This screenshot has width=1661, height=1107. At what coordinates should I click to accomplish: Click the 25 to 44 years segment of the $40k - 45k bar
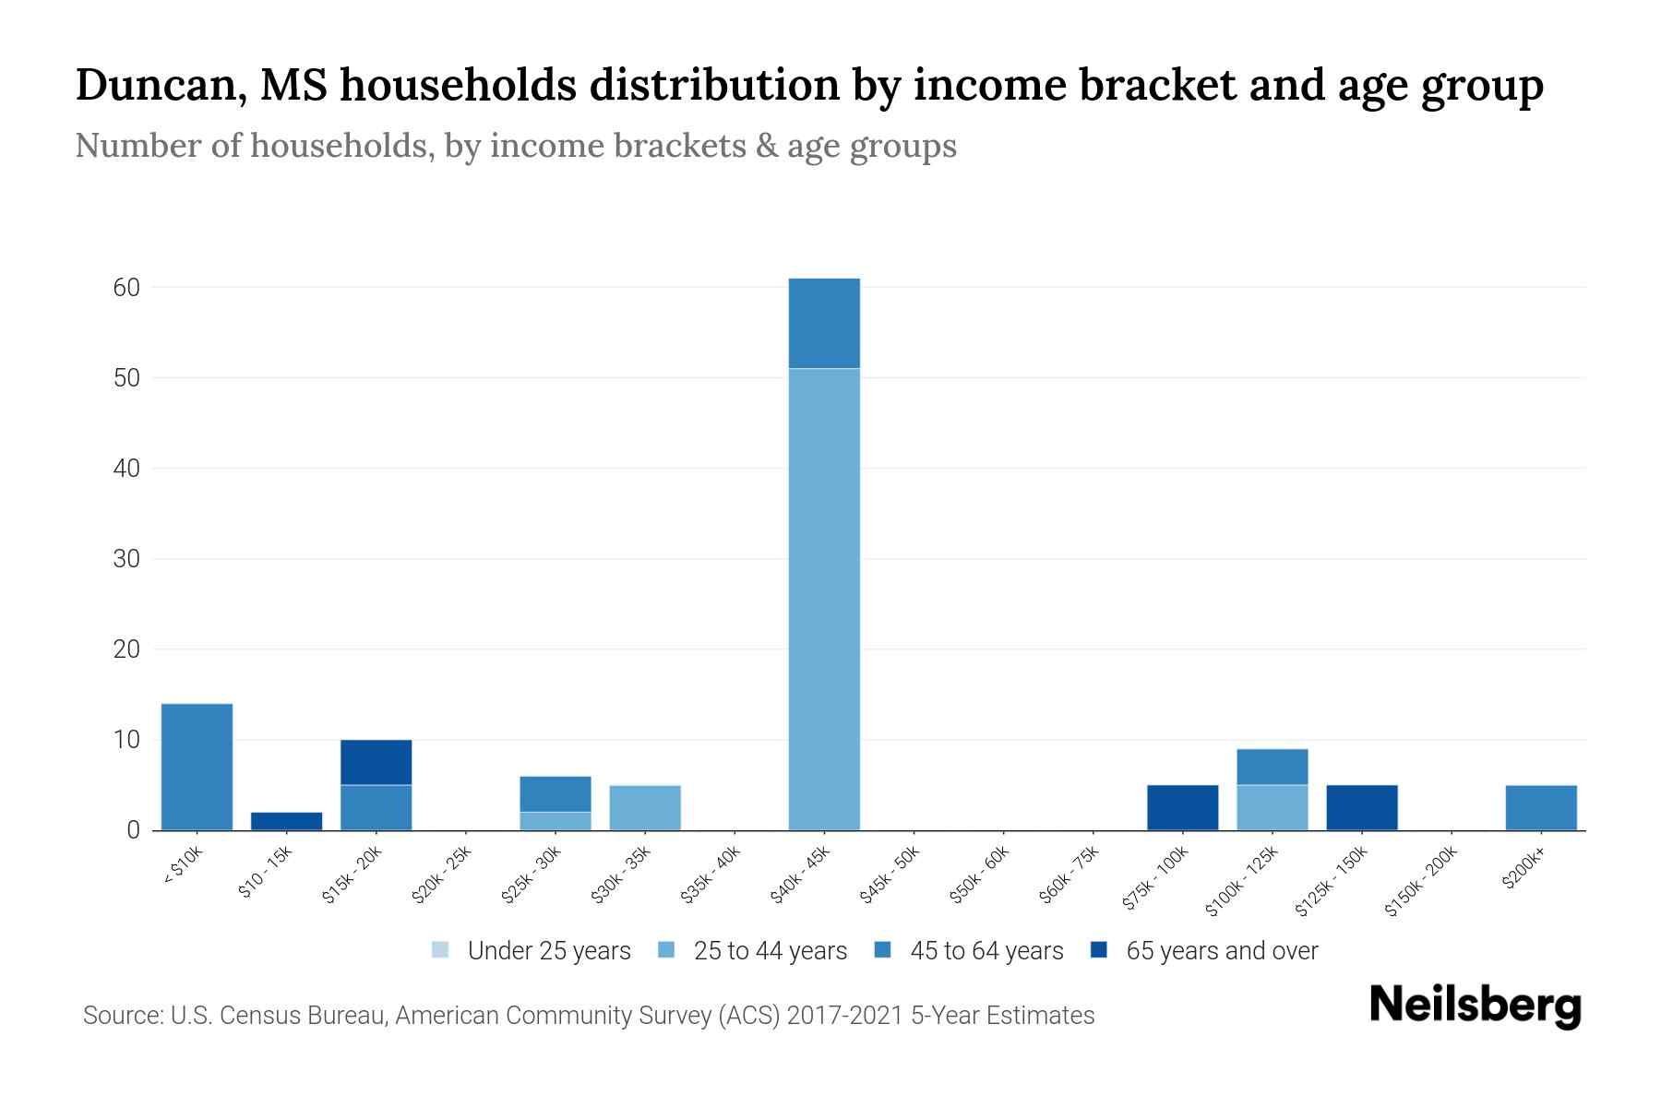pos(824,600)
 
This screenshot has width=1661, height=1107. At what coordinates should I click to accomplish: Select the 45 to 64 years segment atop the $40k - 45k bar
pos(824,323)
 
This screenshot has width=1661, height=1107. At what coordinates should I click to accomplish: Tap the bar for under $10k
pos(197,767)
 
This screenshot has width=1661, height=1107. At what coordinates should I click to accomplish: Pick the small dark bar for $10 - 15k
pos(286,821)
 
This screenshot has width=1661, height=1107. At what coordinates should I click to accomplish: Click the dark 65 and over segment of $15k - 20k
pos(376,762)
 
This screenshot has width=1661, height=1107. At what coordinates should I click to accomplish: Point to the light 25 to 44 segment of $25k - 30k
pos(556,821)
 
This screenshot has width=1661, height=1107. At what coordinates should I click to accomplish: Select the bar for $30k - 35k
pos(645,807)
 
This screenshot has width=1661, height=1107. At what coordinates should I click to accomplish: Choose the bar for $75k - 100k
pos(1182,807)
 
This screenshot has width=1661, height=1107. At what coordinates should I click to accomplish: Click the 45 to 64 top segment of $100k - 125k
pos(1272,767)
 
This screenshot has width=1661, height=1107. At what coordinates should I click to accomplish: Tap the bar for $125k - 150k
pos(1361,807)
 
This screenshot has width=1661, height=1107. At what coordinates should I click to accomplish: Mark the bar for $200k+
pos(1540,807)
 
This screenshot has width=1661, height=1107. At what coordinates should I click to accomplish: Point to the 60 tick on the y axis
pos(126,288)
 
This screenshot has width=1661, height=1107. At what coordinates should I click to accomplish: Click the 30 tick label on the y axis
pos(126,559)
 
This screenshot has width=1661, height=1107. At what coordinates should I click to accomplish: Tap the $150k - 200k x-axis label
pos(1421,880)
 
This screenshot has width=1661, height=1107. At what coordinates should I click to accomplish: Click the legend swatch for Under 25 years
pos(440,950)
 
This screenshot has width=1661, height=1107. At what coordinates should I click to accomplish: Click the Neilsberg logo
pos(1475,1006)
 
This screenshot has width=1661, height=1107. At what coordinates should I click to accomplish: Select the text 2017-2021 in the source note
pos(846,1016)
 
